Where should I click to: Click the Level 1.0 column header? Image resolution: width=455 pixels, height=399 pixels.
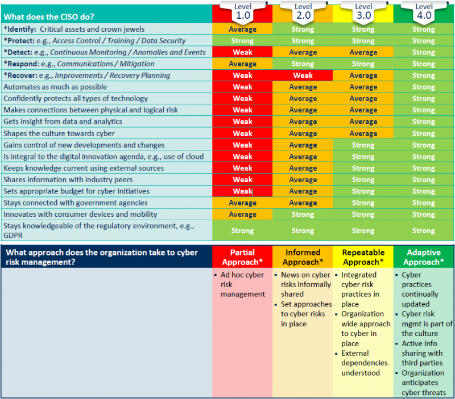(x=242, y=11)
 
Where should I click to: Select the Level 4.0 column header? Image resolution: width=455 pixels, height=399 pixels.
(x=424, y=11)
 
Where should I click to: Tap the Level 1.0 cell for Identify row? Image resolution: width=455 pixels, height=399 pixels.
(x=242, y=29)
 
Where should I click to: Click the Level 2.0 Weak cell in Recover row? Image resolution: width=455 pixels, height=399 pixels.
(x=303, y=75)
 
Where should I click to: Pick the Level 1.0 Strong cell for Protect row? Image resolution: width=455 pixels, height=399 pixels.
(x=242, y=41)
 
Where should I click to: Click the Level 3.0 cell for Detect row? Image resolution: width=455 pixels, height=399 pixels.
(x=363, y=52)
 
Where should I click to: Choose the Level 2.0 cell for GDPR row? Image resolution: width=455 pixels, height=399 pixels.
(x=303, y=231)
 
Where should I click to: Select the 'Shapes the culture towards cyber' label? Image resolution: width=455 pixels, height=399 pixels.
(x=59, y=133)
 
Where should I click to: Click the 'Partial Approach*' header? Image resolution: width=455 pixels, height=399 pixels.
(x=242, y=257)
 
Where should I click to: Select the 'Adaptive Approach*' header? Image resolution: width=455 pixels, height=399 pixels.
(x=424, y=257)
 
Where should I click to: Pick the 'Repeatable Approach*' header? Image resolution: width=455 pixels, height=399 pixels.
(x=363, y=257)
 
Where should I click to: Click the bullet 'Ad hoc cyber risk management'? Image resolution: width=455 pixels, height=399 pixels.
(x=243, y=284)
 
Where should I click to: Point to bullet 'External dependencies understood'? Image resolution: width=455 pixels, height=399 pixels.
(x=364, y=363)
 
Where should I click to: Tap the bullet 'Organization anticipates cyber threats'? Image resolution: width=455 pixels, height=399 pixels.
(x=423, y=383)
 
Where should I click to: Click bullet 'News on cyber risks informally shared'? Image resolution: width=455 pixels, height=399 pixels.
(x=304, y=284)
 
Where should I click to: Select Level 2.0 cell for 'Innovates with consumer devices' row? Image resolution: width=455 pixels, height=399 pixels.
(x=303, y=215)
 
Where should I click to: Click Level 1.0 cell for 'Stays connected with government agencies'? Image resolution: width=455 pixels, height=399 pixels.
(x=242, y=203)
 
